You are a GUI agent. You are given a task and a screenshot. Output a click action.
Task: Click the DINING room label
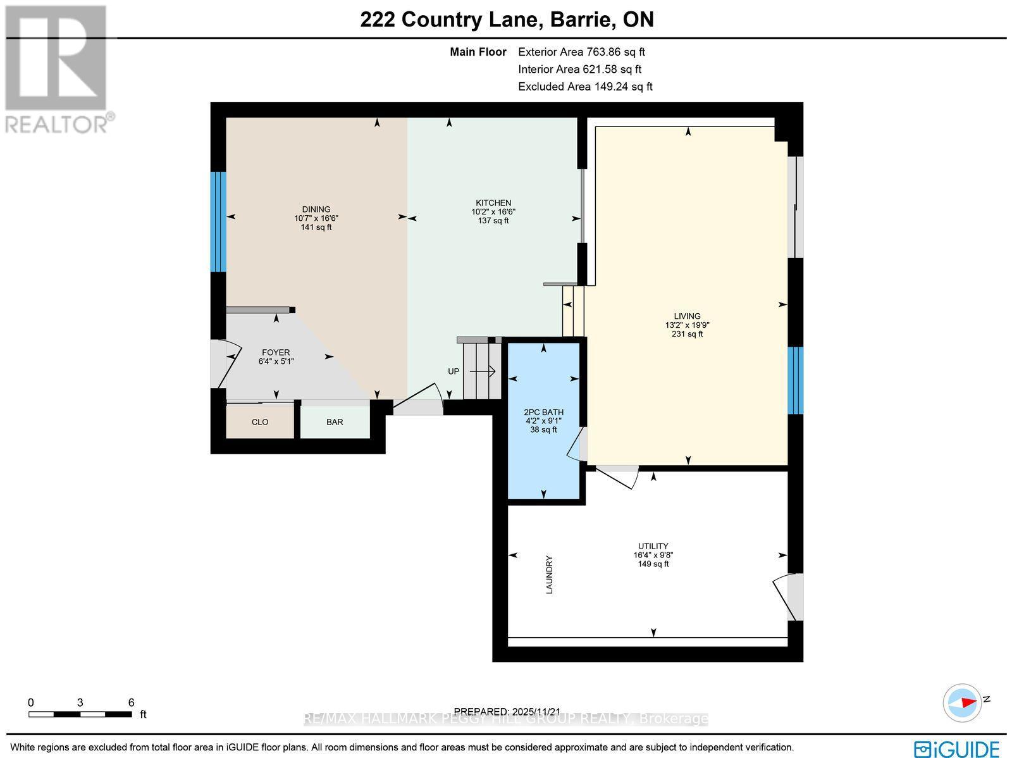[x=316, y=209]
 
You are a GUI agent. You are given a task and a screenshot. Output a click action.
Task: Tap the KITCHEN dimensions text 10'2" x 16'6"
[x=493, y=212]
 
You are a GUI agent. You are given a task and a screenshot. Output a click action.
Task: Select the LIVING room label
[x=687, y=316]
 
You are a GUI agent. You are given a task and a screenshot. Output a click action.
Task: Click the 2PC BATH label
[x=543, y=412]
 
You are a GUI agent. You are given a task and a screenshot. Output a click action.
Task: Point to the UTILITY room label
[x=653, y=546]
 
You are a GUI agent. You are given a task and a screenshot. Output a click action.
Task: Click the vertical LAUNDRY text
[x=549, y=575]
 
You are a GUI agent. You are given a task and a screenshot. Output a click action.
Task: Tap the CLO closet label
[x=260, y=422]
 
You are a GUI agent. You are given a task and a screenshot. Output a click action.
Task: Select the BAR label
[x=335, y=422]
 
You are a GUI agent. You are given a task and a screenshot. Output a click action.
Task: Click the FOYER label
[x=276, y=352]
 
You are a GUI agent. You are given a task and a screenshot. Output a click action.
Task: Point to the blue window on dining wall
[x=218, y=221]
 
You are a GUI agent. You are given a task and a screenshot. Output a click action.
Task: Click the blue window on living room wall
[x=795, y=380]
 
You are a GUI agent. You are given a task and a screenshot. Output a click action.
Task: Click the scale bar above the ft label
[x=80, y=714]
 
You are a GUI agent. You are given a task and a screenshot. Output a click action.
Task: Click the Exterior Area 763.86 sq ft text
[x=581, y=53]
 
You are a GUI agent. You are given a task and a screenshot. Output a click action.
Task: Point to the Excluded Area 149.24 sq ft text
[x=585, y=87]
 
